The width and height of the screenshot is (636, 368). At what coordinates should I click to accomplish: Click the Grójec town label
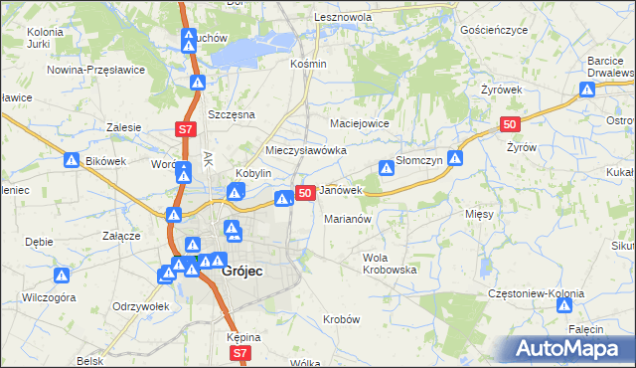pos(241,270)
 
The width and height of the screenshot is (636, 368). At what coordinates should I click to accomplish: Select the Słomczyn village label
pos(419,160)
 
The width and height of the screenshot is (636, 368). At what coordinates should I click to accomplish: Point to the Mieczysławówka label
pos(305,150)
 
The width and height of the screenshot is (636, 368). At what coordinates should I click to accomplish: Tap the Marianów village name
pos(348,219)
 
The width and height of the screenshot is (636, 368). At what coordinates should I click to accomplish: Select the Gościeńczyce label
pos(494,31)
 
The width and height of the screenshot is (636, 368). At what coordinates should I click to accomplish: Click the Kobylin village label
pos(252,172)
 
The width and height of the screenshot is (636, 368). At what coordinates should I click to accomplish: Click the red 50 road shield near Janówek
pos(306,192)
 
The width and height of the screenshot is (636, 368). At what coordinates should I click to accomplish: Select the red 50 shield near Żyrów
pos(510,123)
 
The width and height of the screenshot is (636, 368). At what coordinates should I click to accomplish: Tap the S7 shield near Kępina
pos(238,353)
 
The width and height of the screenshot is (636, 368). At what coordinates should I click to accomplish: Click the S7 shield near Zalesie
pos(184,129)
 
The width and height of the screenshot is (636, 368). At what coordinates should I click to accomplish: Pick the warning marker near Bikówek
pos(72,159)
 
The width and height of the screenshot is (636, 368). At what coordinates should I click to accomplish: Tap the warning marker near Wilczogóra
pos(62,276)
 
